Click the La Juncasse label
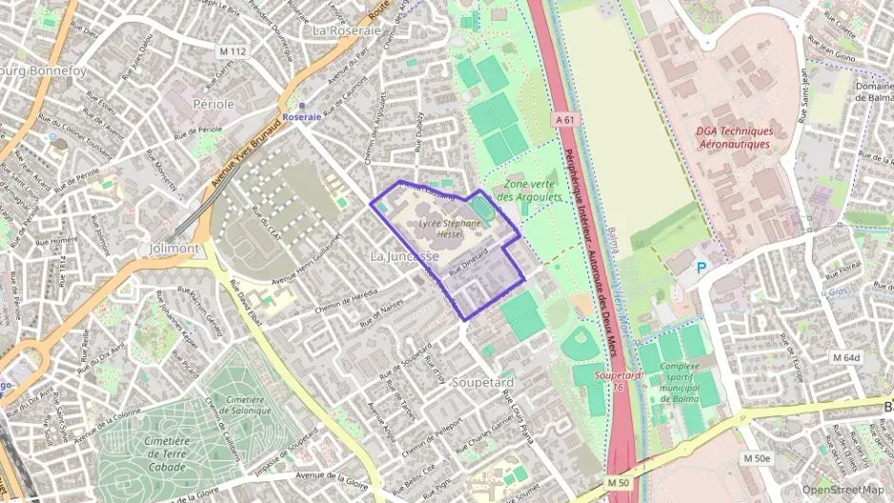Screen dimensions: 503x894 click(x=404, y=257)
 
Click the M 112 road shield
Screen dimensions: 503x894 click(x=232, y=52)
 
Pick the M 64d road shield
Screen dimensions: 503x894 click(x=845, y=358)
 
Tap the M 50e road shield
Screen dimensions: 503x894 click(x=756, y=459)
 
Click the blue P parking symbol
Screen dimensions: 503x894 click(x=702, y=269)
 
